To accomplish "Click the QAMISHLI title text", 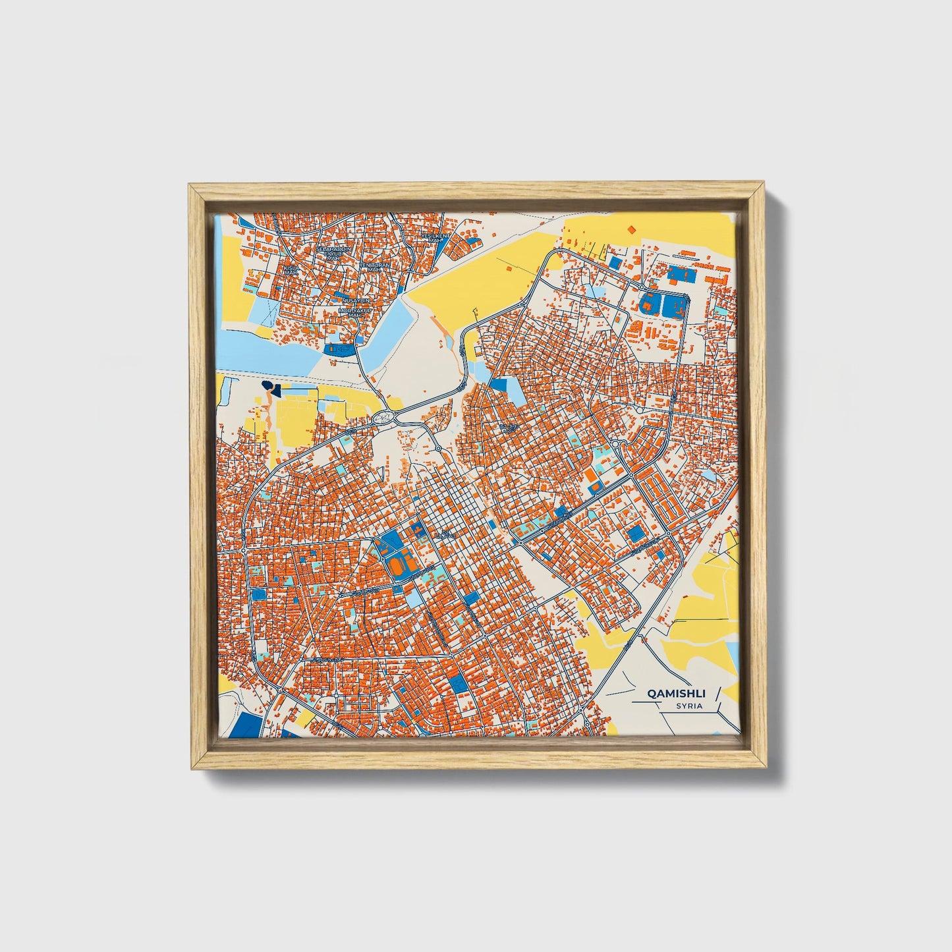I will tap(677, 693).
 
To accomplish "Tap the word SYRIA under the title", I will tap(689, 706).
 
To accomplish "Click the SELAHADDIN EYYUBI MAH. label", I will tap(333, 253).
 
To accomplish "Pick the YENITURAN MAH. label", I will tap(374, 267).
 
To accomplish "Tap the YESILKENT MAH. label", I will tap(437, 237).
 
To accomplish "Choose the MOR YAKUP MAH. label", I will tap(351, 312).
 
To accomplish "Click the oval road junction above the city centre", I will tap(384, 416).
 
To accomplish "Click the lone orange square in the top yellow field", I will tap(631, 229).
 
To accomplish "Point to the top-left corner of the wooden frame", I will tap(190, 186).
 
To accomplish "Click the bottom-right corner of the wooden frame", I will tap(766, 768).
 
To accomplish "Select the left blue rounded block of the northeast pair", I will tap(648, 304).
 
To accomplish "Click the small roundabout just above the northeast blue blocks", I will tap(641, 287).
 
